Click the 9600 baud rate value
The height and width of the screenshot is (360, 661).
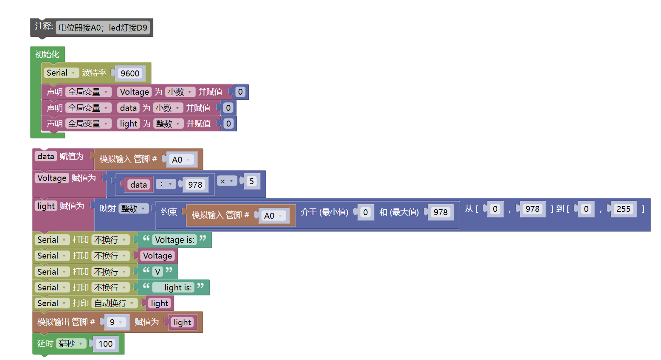[x=130, y=73]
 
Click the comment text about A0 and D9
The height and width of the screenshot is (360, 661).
[x=103, y=28]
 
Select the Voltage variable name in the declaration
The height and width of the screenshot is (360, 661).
[x=134, y=92]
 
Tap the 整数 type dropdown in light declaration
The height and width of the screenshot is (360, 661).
[x=168, y=124]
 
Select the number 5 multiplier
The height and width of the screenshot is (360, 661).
[x=251, y=181]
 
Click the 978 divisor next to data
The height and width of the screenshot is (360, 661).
[x=195, y=185]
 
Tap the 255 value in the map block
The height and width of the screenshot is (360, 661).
[x=623, y=209]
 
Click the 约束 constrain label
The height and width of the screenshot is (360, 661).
[x=169, y=212]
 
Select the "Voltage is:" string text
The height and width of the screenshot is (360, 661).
[x=174, y=240]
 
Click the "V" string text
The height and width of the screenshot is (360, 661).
[x=158, y=272]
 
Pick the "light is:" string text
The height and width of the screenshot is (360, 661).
[x=177, y=288]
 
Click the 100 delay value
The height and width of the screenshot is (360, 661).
[x=106, y=344]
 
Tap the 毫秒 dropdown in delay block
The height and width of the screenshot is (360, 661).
[x=71, y=343]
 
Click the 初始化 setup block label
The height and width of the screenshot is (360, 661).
[x=47, y=54]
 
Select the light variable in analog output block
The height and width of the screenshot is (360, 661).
[x=182, y=323]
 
